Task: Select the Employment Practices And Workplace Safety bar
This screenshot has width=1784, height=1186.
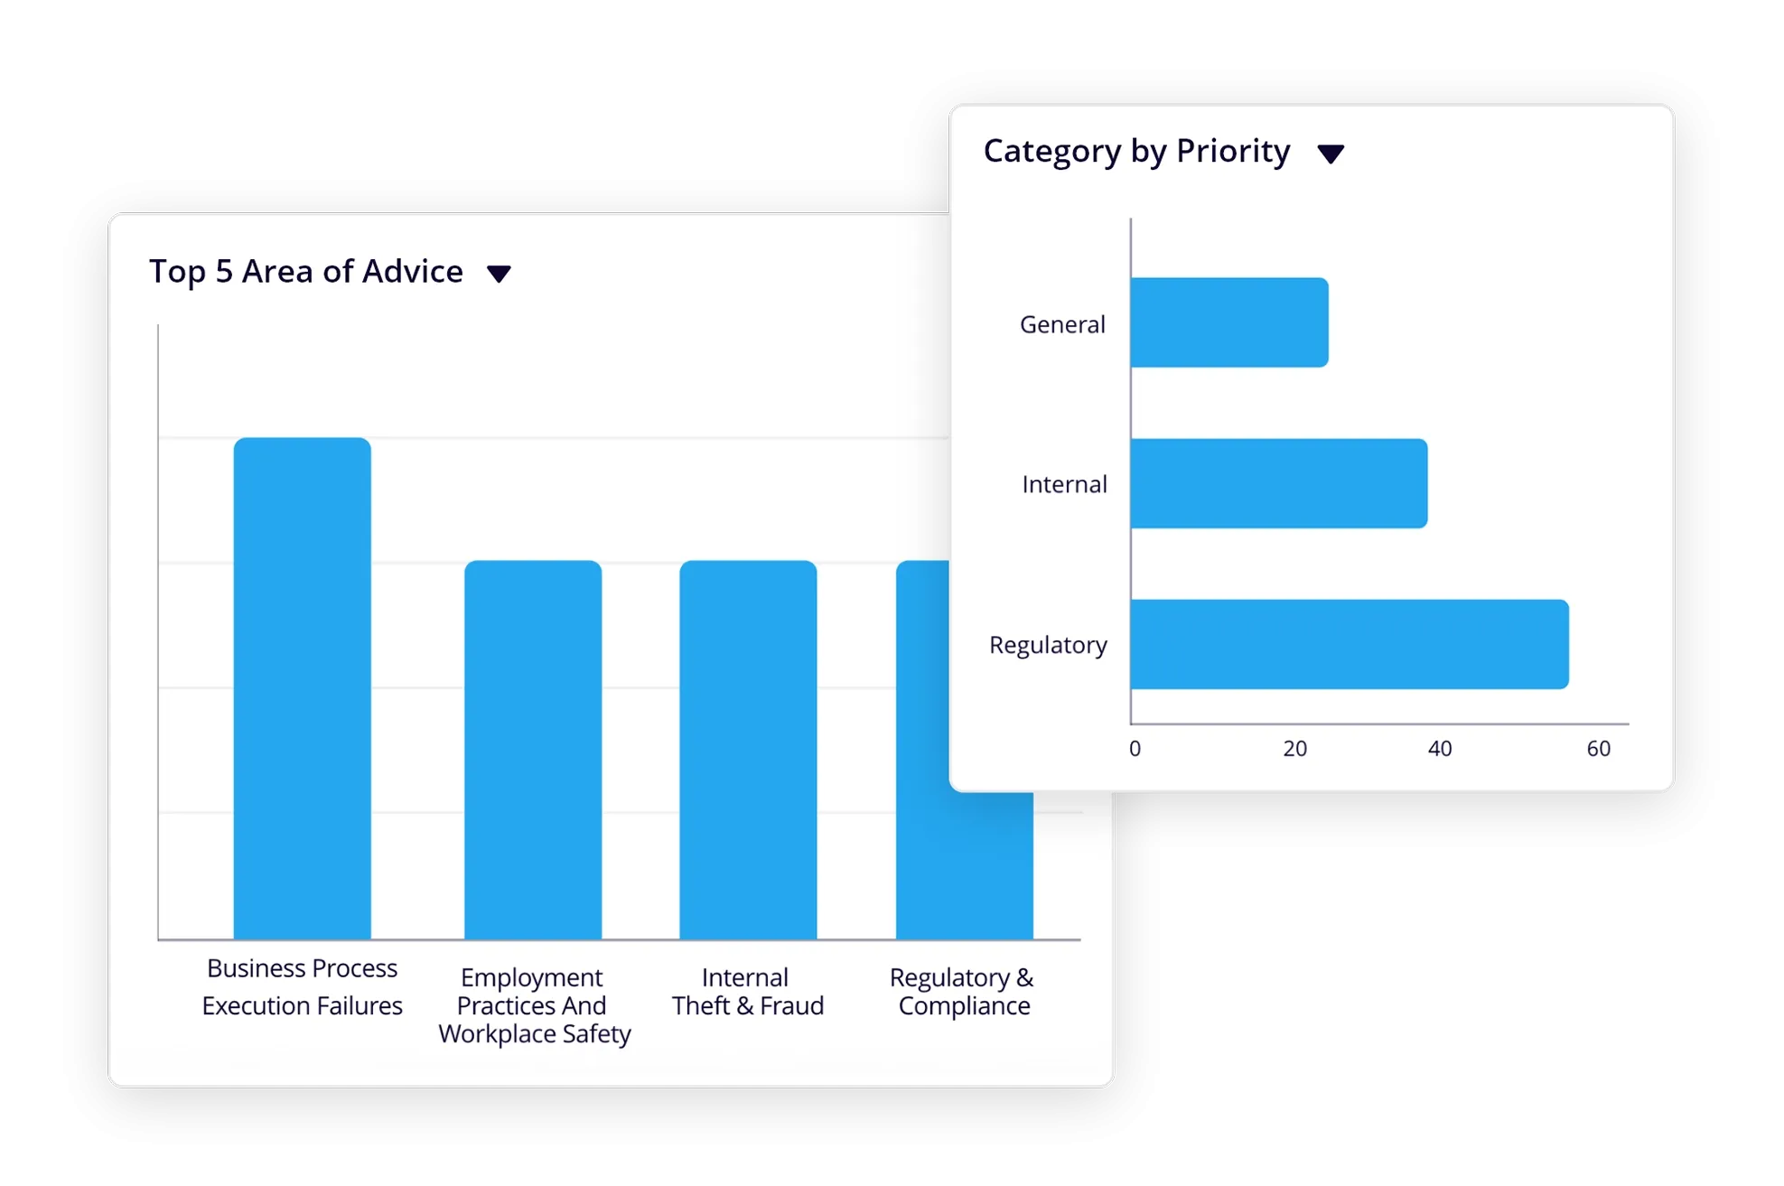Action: pyautogui.click(x=533, y=750)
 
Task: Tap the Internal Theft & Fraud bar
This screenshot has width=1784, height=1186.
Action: pyautogui.click(x=748, y=750)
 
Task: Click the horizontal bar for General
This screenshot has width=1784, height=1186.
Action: pyautogui.click(x=1228, y=322)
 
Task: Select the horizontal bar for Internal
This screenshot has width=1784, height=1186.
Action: pyautogui.click(x=1278, y=483)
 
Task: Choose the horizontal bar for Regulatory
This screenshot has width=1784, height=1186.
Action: pyautogui.click(x=1349, y=644)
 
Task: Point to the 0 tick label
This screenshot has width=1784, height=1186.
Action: pyautogui.click(x=1135, y=749)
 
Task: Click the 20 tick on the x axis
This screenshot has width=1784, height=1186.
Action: pyautogui.click(x=1294, y=749)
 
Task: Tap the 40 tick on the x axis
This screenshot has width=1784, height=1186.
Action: pyautogui.click(x=1439, y=749)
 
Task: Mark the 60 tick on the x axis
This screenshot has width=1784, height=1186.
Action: pyautogui.click(x=1598, y=749)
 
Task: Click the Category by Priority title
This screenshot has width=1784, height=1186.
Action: pyautogui.click(x=1136, y=151)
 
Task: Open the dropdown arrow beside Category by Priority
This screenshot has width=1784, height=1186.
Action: pyautogui.click(x=1331, y=154)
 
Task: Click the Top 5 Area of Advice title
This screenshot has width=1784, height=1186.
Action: pyautogui.click(x=306, y=271)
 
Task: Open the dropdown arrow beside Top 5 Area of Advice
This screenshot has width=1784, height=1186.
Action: pyautogui.click(x=499, y=273)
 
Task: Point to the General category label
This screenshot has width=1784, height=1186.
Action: pyautogui.click(x=1062, y=324)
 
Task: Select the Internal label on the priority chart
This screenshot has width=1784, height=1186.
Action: pyautogui.click(x=1064, y=484)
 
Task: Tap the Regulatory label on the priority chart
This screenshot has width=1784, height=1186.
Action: pyautogui.click(x=1048, y=645)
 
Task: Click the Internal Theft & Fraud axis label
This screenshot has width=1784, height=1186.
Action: pyautogui.click(x=747, y=991)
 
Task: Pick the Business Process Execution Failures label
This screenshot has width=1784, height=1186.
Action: pyautogui.click(x=302, y=986)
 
